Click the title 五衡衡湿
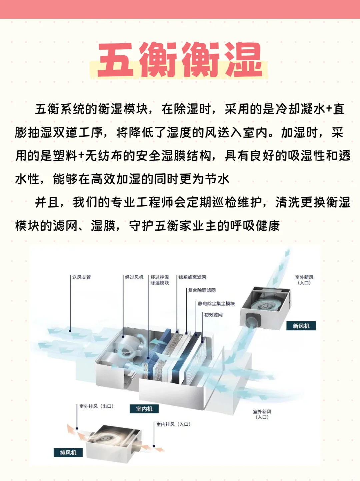coord(180,60)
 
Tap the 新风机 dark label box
coord(301,326)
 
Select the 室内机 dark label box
coord(144,409)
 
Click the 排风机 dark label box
coord(68,452)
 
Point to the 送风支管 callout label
coord(81,277)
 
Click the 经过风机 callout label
coord(134,277)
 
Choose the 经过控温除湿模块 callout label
coord(160,280)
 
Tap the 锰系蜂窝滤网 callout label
coord(192,277)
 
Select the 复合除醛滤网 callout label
coord(202,290)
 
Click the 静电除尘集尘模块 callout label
coord(216,304)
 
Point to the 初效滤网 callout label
coord(213,315)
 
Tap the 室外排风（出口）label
coord(96,406)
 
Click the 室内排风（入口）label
coord(173,424)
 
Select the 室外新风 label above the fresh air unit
coord(304,280)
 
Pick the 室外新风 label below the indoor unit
coord(262,414)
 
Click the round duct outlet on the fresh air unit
coord(251,322)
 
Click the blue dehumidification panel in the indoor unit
coord(160,353)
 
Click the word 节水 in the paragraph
coord(217,179)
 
